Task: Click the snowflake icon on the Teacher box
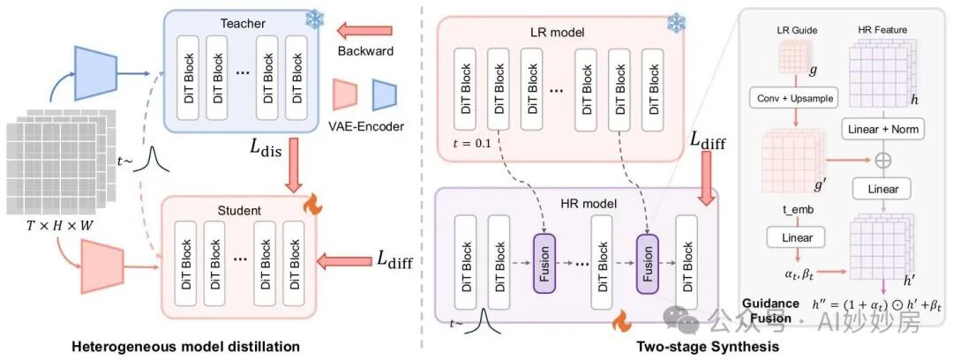tap(315, 19)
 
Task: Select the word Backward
tap(365, 51)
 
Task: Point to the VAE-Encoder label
tap(365, 127)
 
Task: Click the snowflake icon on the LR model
tap(677, 23)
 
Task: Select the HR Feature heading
tap(882, 29)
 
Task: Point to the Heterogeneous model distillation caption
tap(185, 348)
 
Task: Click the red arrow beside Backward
tap(367, 28)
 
